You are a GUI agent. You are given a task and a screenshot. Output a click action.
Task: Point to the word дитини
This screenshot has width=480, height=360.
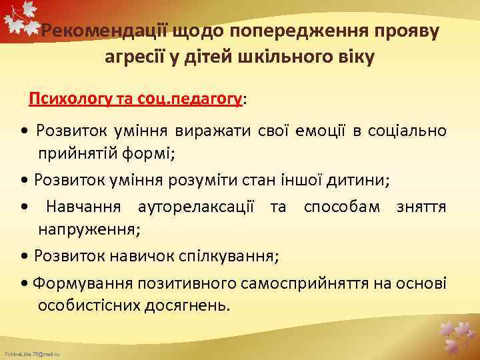pyautogui.click(x=363, y=179)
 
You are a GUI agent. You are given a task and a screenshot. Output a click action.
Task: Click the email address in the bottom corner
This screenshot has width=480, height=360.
pyautogui.click(x=31, y=353)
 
